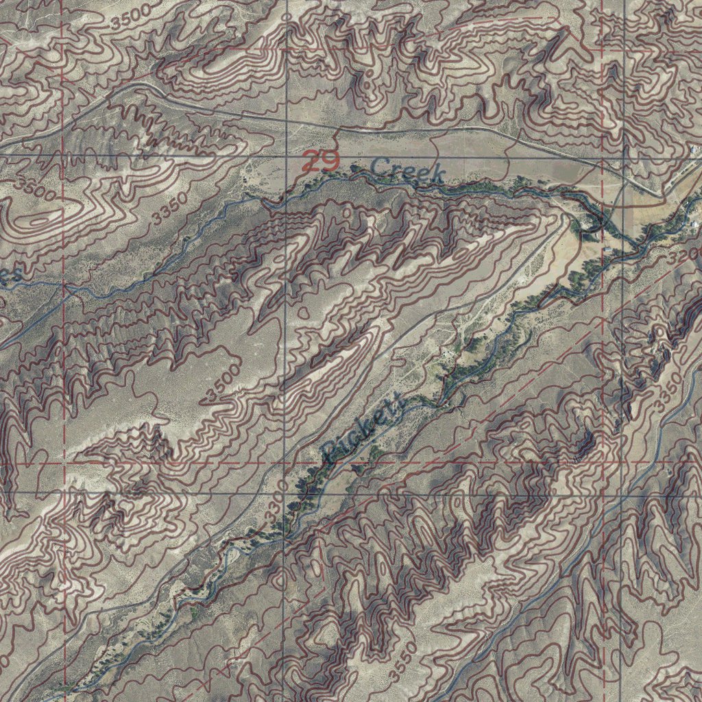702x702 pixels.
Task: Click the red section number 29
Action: point(320,162)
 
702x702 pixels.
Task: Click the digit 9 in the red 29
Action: point(329,162)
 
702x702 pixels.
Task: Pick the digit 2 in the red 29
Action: point(311,162)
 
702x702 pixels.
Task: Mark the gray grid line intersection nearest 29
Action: point(285,158)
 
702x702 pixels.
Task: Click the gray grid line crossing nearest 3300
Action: point(285,492)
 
